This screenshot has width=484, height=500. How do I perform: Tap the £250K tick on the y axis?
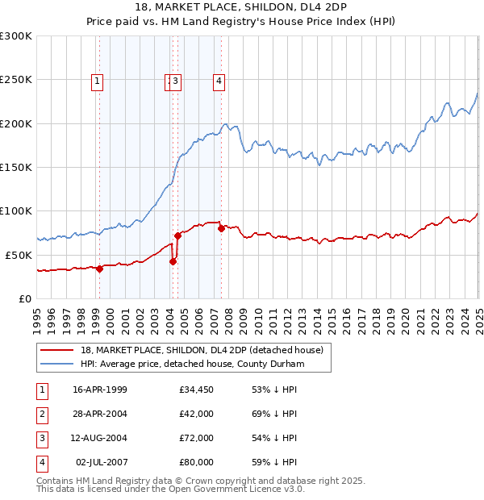[x=16, y=80]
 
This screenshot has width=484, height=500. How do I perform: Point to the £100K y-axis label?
[x=16, y=210]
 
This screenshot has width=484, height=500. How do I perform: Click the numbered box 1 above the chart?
[x=97, y=80]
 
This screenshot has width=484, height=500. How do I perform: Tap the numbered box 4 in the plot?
[x=219, y=80]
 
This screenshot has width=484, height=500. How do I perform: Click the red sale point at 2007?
[x=221, y=228]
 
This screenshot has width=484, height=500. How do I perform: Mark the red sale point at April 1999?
[x=100, y=269]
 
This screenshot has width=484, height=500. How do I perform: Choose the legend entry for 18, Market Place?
[x=202, y=350]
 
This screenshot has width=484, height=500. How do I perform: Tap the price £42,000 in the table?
[x=197, y=415]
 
